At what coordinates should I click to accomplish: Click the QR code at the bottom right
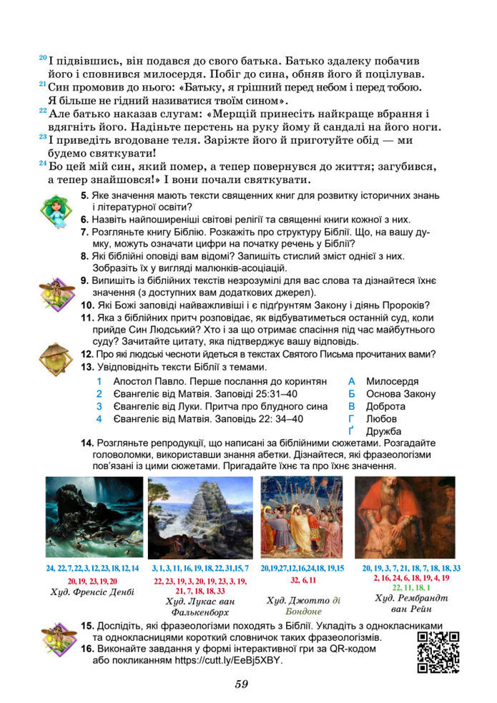point(437,652)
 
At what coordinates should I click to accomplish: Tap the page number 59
point(242,684)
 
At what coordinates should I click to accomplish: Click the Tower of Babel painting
point(200,518)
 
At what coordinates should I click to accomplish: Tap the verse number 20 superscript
point(42,58)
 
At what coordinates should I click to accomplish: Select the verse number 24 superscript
point(42,164)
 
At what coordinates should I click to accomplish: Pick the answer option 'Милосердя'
point(393,382)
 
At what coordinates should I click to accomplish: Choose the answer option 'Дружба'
point(384,431)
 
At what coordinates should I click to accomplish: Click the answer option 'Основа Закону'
point(400,394)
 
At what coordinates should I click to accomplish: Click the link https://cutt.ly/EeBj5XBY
point(229,661)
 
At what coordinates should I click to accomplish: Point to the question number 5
point(84,195)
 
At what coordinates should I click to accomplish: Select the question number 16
point(87,649)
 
